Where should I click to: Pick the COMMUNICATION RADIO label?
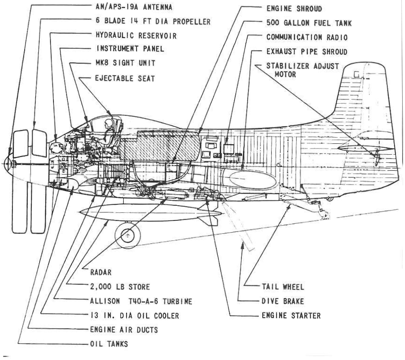tap(309, 36)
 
